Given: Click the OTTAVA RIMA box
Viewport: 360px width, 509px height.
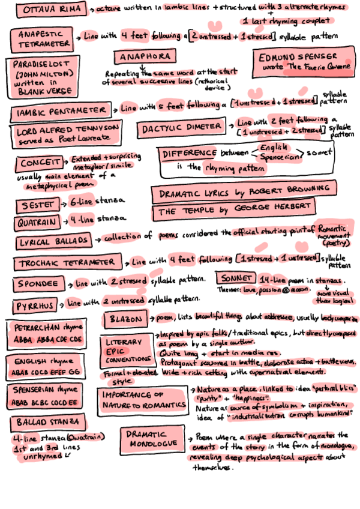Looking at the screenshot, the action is pyautogui.click(x=52, y=10).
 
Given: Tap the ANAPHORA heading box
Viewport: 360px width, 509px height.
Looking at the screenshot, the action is pyautogui.click(x=143, y=57).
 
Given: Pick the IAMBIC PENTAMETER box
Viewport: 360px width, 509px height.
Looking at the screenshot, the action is pyautogui.click(x=62, y=113).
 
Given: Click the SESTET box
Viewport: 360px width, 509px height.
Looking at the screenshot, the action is pyautogui.click(x=35, y=205).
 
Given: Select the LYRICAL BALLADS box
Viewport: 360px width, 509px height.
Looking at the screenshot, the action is pyautogui.click(x=54, y=241).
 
